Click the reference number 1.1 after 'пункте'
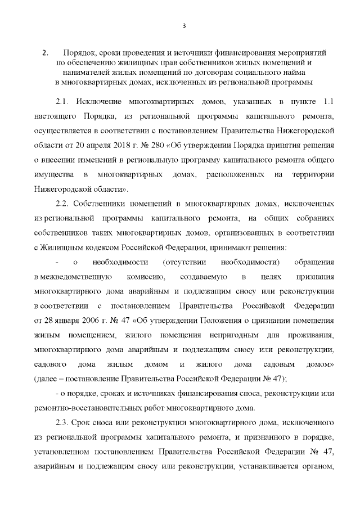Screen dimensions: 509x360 click(x=328, y=101)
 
